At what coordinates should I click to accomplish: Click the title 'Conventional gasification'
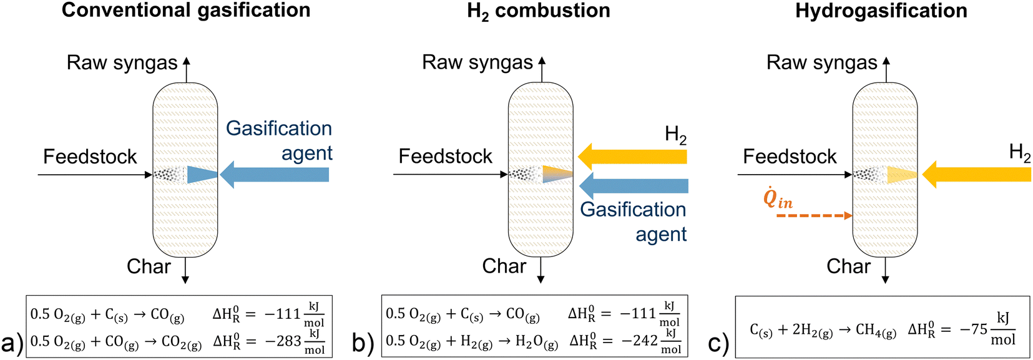(x=186, y=11)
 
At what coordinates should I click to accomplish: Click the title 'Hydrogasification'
(x=881, y=11)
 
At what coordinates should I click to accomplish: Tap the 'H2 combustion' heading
(x=539, y=11)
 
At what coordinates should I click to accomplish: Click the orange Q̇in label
(x=778, y=198)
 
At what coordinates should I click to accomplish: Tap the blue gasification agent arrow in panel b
(x=634, y=185)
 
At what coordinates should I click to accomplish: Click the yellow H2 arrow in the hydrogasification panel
(x=976, y=175)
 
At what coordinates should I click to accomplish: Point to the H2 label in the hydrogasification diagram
(x=1019, y=153)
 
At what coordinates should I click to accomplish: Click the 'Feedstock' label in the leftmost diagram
(x=90, y=157)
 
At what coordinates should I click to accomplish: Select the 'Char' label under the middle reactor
(x=504, y=266)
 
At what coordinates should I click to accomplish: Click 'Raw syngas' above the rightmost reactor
(x=821, y=62)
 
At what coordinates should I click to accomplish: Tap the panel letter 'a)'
(x=12, y=343)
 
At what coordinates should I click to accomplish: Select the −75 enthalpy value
(x=974, y=329)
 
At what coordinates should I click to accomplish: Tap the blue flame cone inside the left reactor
(x=201, y=175)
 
